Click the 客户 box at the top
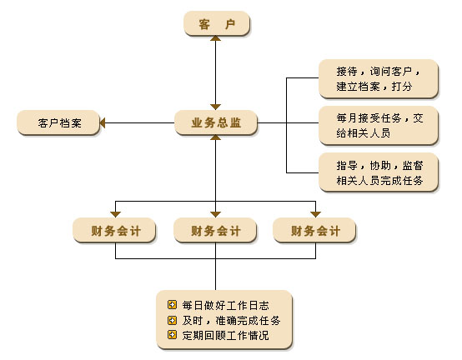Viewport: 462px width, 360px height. pyautogui.click(x=217, y=23)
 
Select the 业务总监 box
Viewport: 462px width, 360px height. pyautogui.click(x=216, y=122)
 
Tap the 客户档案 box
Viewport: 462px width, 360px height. pyautogui.click(x=58, y=122)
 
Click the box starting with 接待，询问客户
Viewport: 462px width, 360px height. pyautogui.click(x=379, y=78)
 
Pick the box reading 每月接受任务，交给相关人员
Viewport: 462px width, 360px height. pyautogui.click(x=379, y=125)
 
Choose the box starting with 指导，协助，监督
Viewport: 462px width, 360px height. pyautogui.click(x=379, y=172)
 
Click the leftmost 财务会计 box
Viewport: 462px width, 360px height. pyautogui.click(x=114, y=230)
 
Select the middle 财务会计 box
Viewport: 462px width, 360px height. pyautogui.click(x=215, y=230)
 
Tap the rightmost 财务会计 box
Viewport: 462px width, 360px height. pyautogui.click(x=314, y=230)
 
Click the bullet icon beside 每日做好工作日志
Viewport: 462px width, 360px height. pyautogui.click(x=172, y=305)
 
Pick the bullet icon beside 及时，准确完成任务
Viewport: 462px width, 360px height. pyautogui.click(x=172, y=320)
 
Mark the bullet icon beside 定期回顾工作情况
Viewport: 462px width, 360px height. pyautogui.click(x=172, y=335)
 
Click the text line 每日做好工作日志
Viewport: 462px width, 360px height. pyautogui.click(x=225, y=305)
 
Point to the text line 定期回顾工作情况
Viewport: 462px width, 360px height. pyautogui.click(x=225, y=335)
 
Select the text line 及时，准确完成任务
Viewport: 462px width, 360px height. pyautogui.click(x=231, y=320)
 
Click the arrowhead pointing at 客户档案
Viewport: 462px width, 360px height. pyautogui.click(x=103, y=122)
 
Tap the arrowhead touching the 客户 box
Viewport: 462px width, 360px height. pyautogui.click(x=216, y=38)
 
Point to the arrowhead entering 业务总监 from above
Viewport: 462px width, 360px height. pyautogui.click(x=216, y=107)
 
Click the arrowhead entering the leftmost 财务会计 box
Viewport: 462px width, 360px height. pyautogui.click(x=115, y=215)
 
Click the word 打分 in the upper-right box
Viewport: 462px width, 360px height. pyautogui.click(x=402, y=87)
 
